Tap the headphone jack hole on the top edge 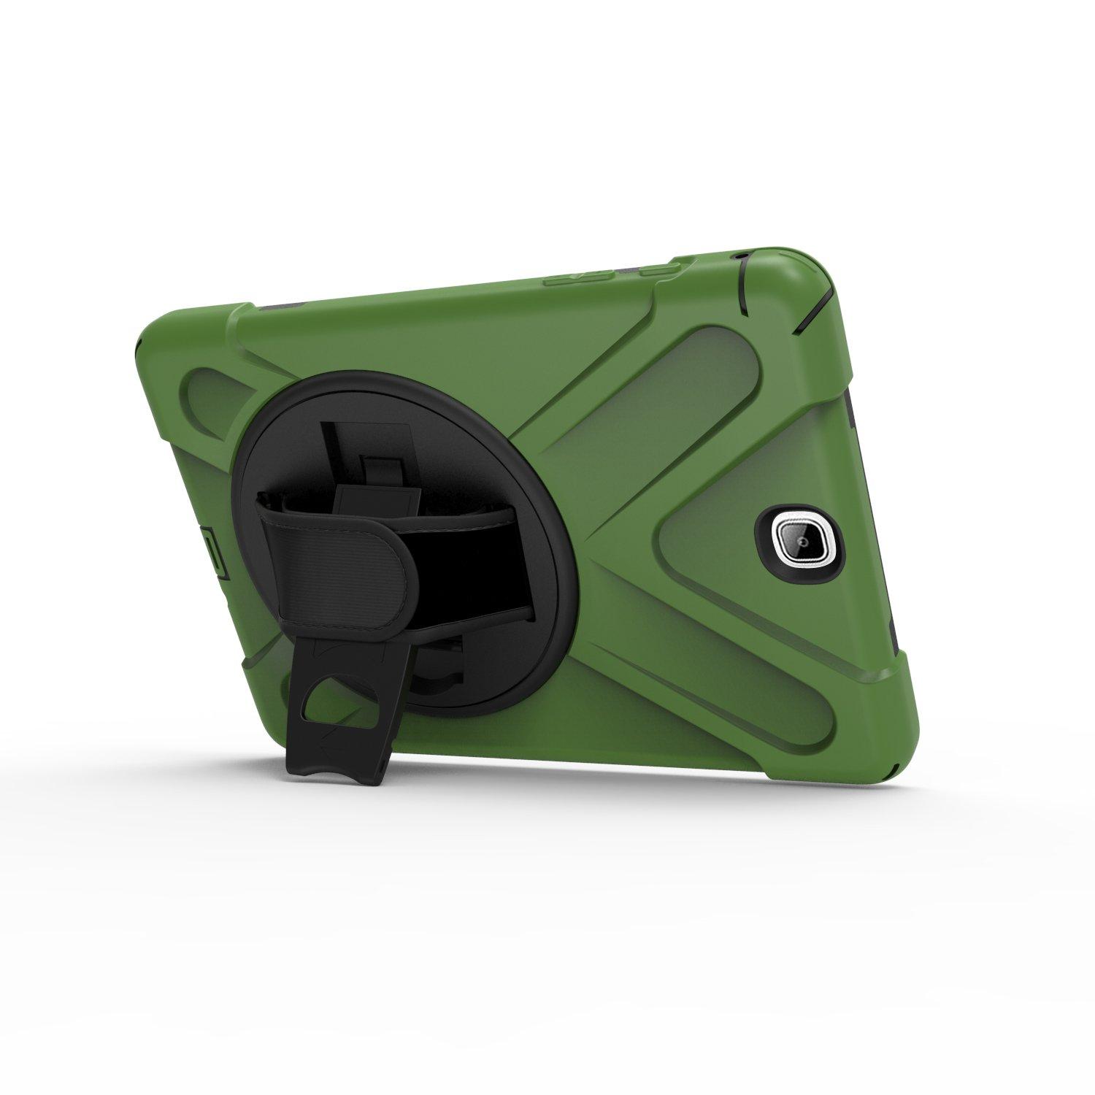click(743, 257)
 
